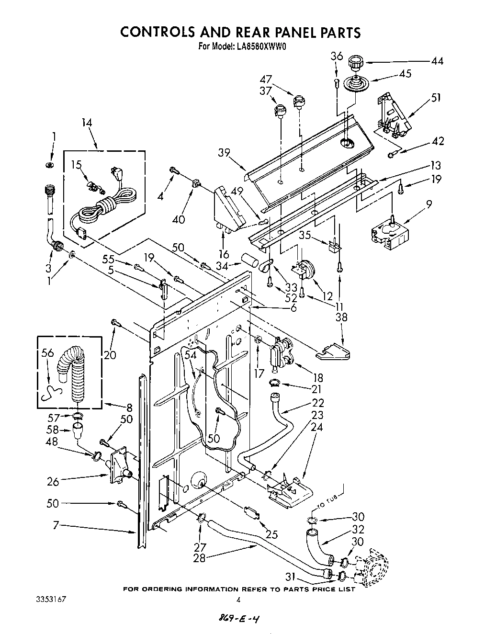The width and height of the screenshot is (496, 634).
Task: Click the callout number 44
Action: click(x=437, y=61)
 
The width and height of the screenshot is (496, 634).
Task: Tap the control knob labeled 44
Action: click(x=355, y=63)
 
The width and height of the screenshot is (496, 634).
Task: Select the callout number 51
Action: click(x=436, y=98)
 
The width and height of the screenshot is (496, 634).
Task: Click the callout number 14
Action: click(x=87, y=123)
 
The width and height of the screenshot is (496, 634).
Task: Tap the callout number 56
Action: click(x=47, y=353)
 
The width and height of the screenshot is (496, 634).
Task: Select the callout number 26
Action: click(x=53, y=481)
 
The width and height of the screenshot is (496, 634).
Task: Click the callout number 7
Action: click(x=56, y=526)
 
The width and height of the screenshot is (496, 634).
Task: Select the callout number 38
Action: click(x=341, y=317)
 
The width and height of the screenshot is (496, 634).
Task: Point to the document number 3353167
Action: click(x=50, y=599)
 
